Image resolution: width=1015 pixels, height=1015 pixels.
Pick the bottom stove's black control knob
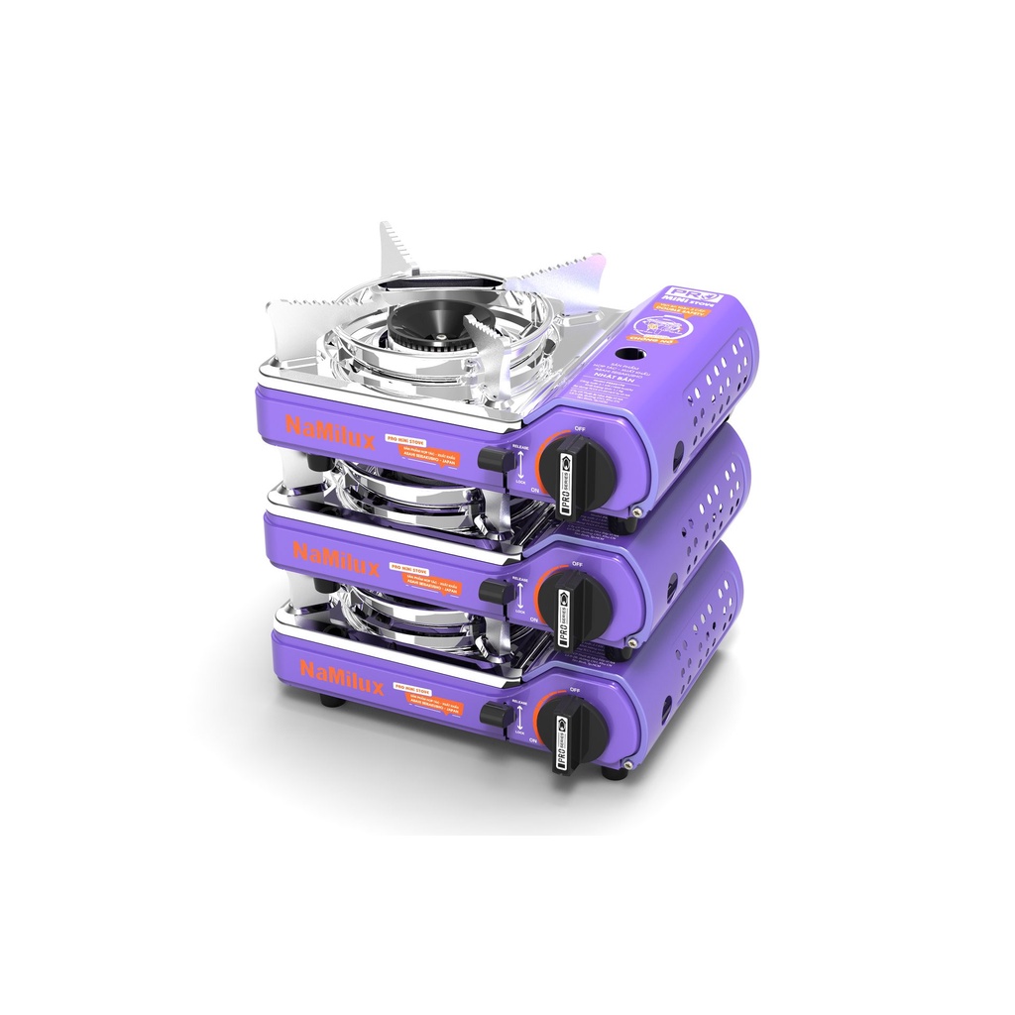pyautogui.click(x=576, y=729)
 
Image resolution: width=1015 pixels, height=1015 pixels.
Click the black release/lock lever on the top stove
pyautogui.click(x=495, y=458)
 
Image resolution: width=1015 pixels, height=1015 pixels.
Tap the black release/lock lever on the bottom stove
pyautogui.click(x=495, y=715)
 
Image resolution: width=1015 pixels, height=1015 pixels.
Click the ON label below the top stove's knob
pyautogui.click(x=534, y=489)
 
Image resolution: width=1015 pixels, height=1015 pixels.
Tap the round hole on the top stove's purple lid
pyautogui.click(x=628, y=355)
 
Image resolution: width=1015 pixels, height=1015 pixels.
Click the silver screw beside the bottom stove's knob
pyautogui.click(x=630, y=764)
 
